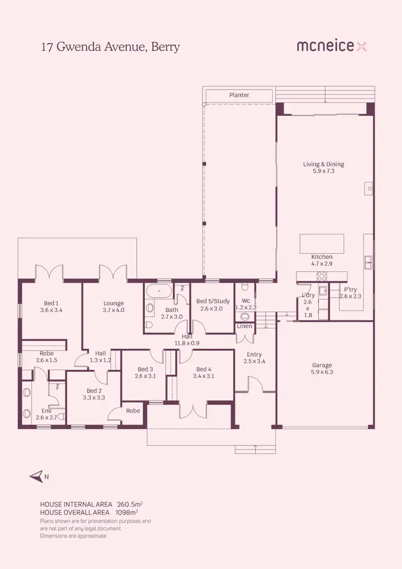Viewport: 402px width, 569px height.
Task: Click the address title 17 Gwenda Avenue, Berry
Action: coord(110,47)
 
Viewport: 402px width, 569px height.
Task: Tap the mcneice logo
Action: coord(332,46)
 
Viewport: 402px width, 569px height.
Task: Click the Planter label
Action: coord(239,95)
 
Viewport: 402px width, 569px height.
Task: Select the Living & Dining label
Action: coord(324,164)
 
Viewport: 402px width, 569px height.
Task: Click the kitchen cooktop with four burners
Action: coord(322,276)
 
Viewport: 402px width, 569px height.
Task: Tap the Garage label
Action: coord(322,365)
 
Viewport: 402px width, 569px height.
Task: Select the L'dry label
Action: coord(308,295)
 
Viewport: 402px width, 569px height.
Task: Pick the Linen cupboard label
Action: coord(244,326)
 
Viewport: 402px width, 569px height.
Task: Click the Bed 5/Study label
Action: coord(213,301)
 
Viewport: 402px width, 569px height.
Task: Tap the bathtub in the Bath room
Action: coord(159,293)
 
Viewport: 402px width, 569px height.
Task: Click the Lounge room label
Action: coord(114,303)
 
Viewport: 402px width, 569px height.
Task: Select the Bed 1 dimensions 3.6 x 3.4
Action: coord(51,310)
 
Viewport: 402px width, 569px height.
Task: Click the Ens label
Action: coord(47,410)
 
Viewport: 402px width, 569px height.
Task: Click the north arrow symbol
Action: coord(36,476)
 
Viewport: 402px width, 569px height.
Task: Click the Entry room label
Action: coord(254,354)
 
